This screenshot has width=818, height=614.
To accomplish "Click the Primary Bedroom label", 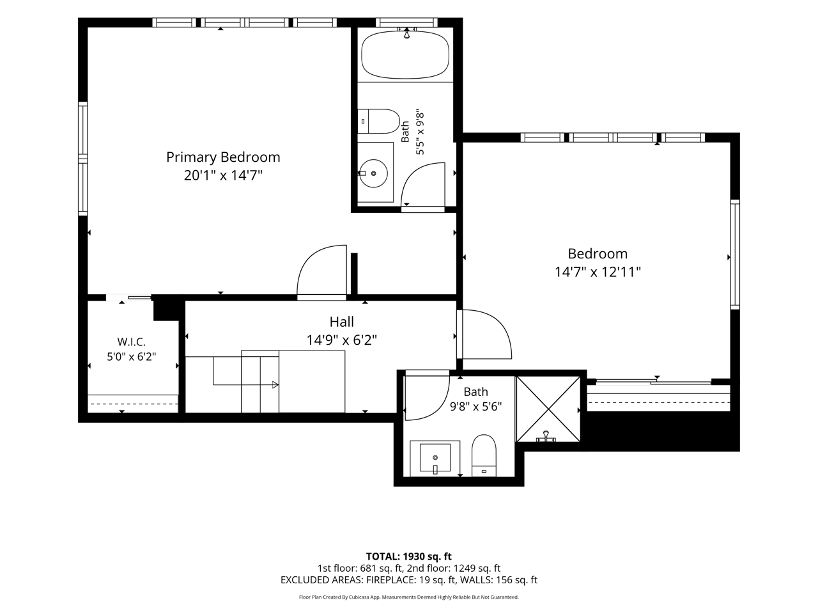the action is (x=223, y=157).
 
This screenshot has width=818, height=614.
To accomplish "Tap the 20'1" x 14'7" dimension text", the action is (x=223, y=175).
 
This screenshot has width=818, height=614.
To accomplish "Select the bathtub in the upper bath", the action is (x=405, y=55).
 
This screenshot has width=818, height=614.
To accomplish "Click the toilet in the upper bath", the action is (x=378, y=121).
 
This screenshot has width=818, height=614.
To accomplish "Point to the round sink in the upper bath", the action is (x=373, y=173).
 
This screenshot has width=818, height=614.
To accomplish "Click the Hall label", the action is (x=341, y=322).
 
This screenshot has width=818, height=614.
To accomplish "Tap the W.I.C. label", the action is (x=131, y=342).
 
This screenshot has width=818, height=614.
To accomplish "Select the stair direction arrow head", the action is (x=275, y=385).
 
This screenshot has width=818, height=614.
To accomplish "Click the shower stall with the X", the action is (x=548, y=409).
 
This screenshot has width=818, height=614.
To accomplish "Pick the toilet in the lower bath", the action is (x=484, y=455).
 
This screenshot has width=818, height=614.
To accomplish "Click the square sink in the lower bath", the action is (x=435, y=458).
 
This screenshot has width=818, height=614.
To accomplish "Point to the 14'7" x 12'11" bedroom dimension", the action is (x=598, y=272).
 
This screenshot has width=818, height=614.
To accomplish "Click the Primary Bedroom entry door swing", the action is (x=321, y=270).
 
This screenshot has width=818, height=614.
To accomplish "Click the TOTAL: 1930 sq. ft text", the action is (x=408, y=556).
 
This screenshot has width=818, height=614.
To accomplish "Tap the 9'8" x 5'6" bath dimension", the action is (x=476, y=406).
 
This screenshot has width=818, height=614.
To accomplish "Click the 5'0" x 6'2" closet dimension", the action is (x=131, y=357).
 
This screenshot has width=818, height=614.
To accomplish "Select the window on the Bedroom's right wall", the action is (x=735, y=255).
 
